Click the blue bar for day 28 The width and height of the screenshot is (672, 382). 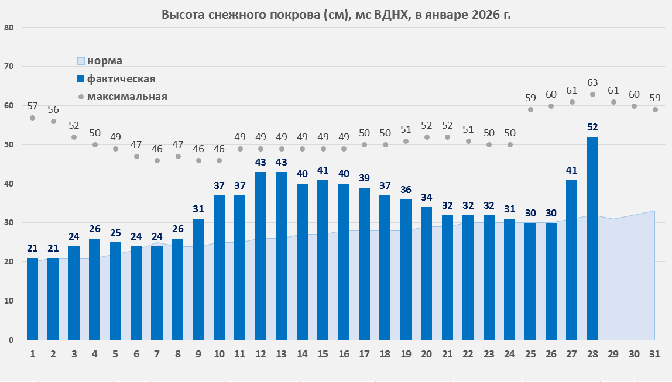(592, 238)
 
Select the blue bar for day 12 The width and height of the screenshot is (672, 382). (260, 256)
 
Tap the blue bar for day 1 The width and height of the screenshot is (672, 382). (33, 298)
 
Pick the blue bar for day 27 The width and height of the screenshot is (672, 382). (571, 260)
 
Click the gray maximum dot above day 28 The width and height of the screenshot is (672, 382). (592, 94)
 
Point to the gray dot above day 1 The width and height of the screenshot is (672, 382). (33, 118)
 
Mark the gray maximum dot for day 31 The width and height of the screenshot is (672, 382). (655, 110)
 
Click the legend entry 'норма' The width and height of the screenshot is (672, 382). (104, 61)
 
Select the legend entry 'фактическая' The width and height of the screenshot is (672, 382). (121, 78)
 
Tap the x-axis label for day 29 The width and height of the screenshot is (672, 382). (613, 355)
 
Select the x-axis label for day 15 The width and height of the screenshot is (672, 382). (323, 355)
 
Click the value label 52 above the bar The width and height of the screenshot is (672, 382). (592, 127)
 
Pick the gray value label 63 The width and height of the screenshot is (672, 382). (592, 82)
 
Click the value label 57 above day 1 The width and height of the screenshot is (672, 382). (33, 106)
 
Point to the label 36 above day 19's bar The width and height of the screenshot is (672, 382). (406, 190)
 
